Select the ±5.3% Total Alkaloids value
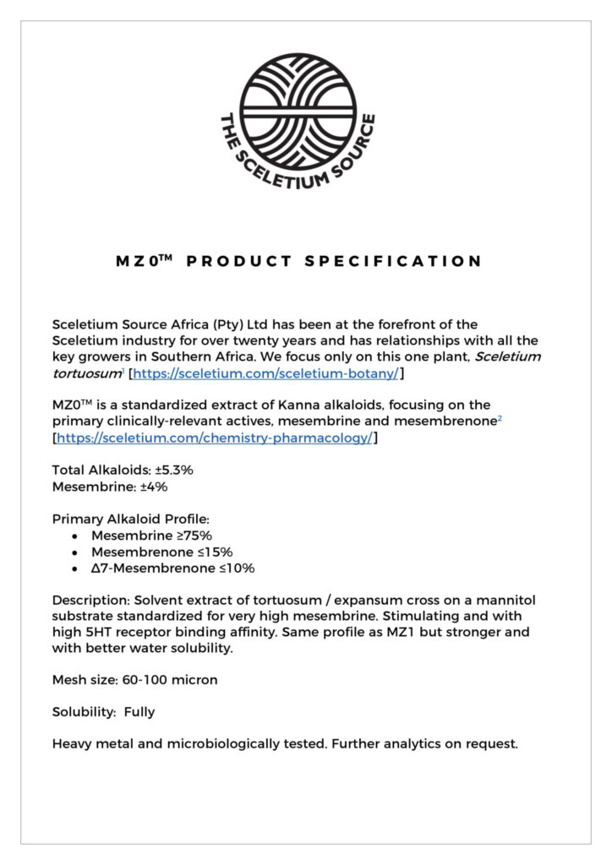tap(179, 470)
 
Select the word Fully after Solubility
tap(139, 711)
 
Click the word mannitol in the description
tap(505, 600)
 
